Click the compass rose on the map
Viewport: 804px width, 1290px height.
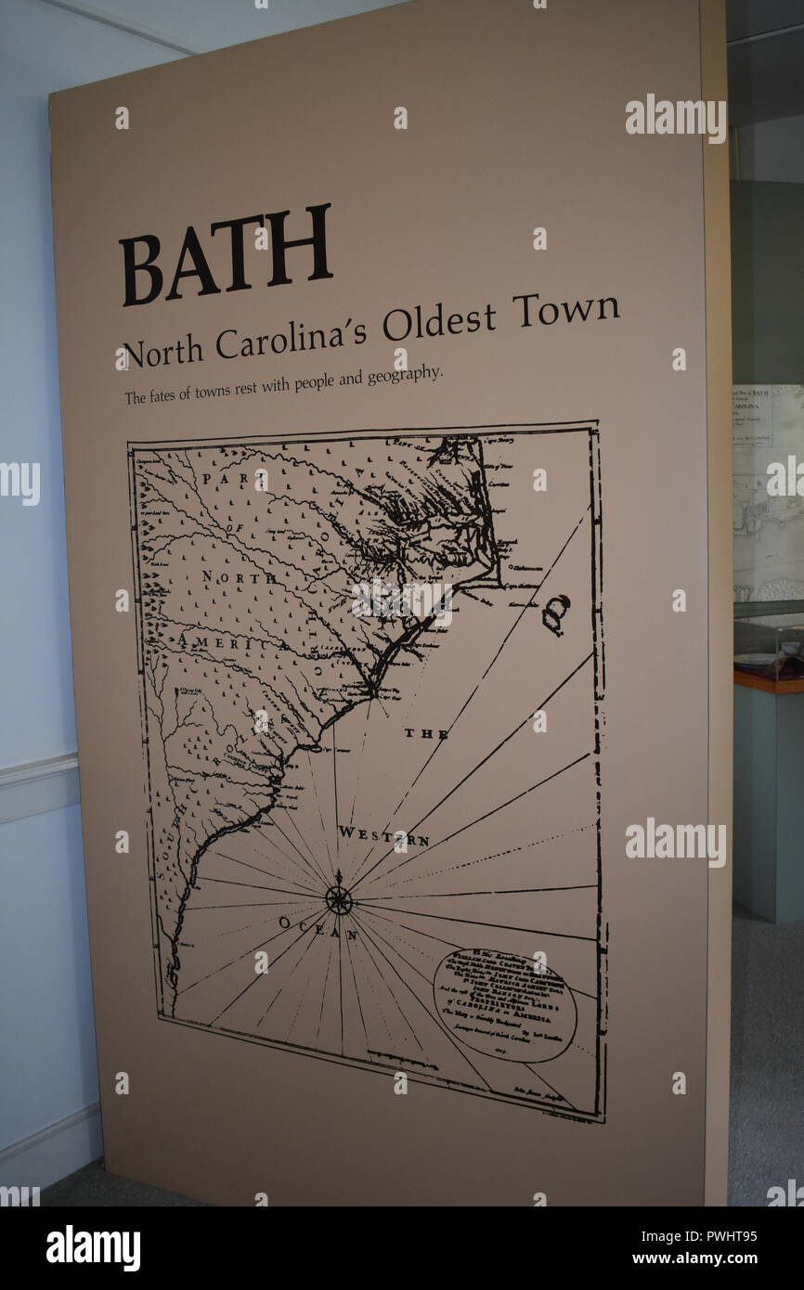(339, 899)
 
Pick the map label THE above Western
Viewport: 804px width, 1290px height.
(426, 734)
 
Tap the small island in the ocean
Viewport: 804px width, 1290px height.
(555, 614)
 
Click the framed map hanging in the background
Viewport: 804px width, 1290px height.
(767, 492)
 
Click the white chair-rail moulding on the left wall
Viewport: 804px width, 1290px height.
(37, 772)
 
